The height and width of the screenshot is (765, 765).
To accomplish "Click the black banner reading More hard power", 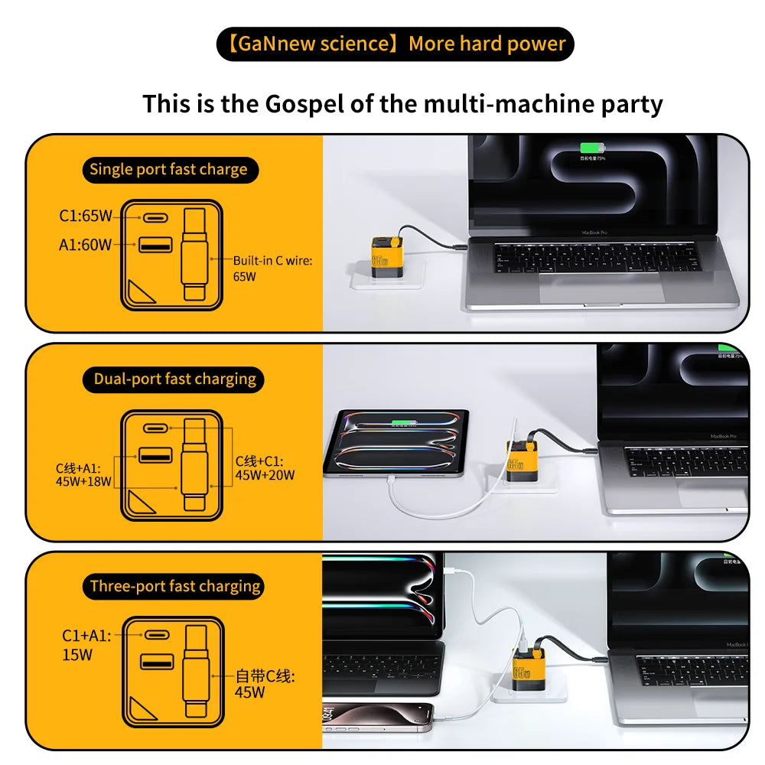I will point(395,44).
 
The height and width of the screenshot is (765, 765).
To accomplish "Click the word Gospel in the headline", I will point(304,103).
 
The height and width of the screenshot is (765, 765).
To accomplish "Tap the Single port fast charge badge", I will point(169,170).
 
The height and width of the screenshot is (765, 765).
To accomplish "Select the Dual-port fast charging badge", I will point(175,379).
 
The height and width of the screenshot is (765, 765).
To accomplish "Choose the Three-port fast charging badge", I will point(175,587).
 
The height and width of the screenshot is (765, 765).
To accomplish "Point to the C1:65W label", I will point(85,216).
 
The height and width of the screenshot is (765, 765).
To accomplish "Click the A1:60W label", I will point(85,245).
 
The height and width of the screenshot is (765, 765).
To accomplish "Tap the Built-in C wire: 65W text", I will point(272,269).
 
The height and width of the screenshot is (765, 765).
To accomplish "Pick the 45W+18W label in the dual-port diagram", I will point(83,481).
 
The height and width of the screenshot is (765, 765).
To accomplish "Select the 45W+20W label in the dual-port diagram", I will point(265,475).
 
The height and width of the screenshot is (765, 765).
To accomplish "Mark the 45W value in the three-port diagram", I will point(250,692).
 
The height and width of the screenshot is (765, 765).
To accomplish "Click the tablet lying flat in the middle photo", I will point(396,443).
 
